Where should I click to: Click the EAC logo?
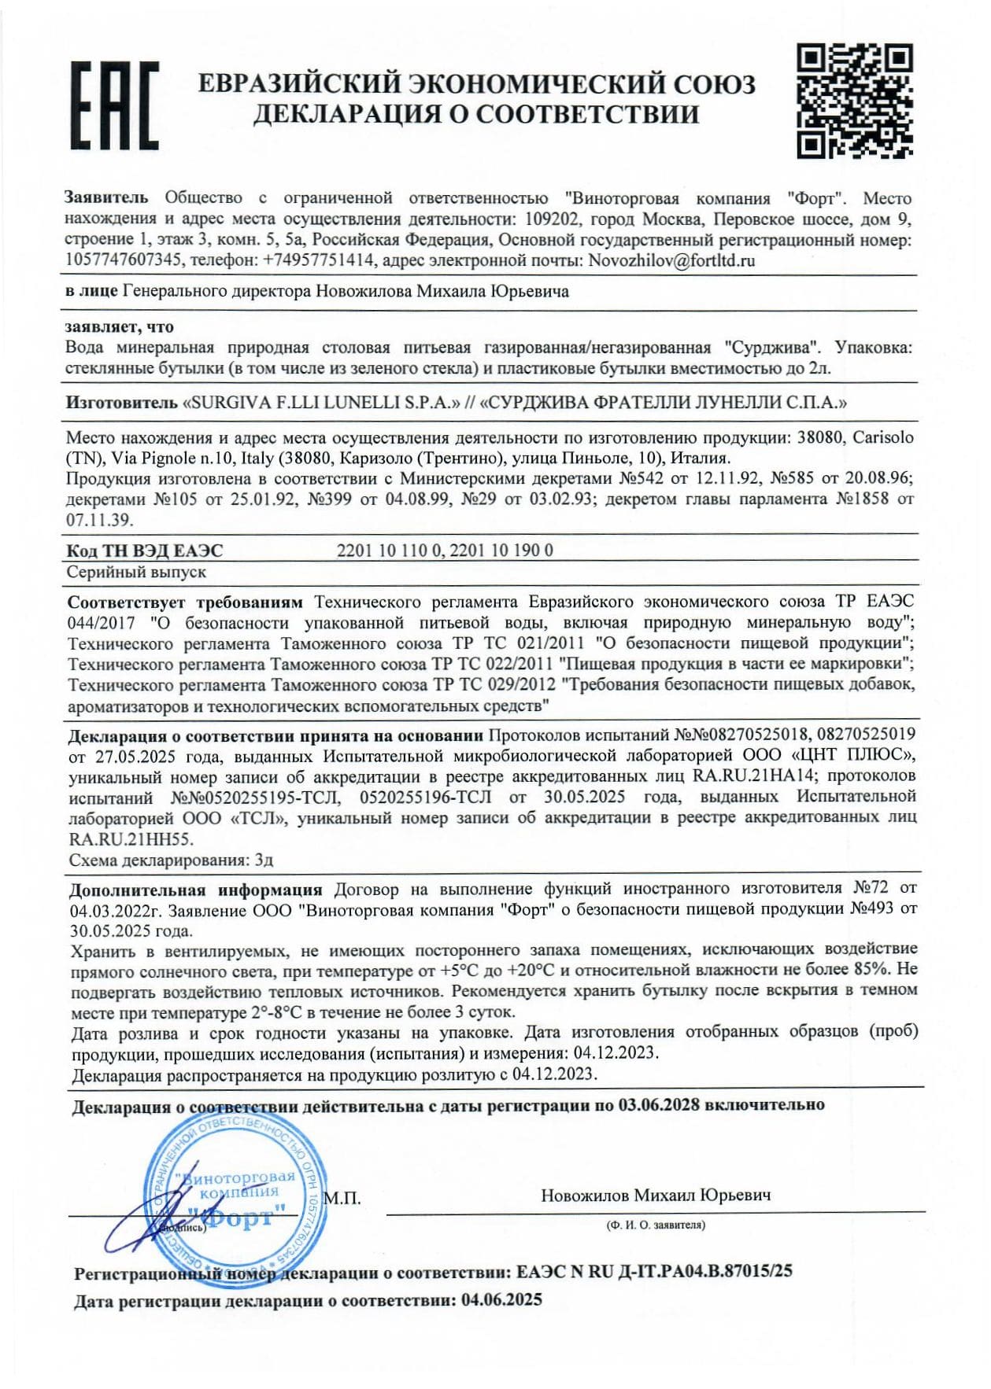coord(115,106)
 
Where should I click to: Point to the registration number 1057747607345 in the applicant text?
coord(124,261)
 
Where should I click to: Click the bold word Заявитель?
coord(105,198)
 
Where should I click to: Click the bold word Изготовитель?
coord(121,403)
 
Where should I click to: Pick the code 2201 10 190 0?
coord(501,551)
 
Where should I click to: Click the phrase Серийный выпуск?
coord(136,573)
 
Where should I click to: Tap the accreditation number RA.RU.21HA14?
coord(754,776)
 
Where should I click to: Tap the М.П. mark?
coord(342,1199)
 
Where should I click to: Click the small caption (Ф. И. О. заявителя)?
coord(656,1225)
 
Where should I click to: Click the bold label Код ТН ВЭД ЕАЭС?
coord(145,551)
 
